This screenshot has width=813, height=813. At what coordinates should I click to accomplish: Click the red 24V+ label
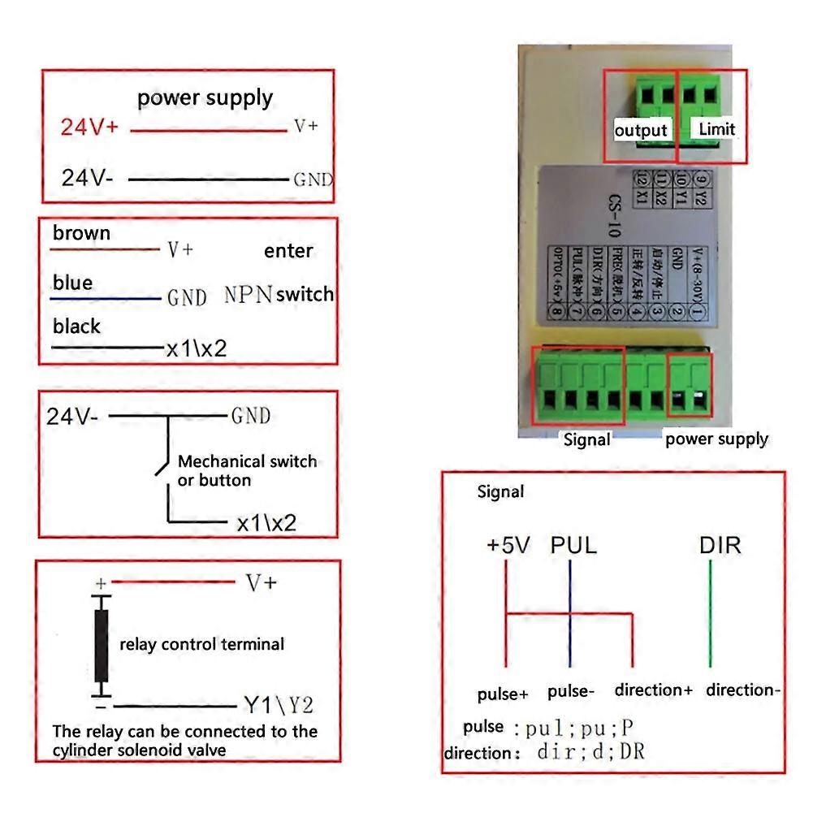click(x=90, y=128)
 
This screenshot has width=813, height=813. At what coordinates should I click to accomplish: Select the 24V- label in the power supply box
click(x=89, y=178)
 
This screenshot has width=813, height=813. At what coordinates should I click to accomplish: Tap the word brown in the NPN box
click(x=81, y=234)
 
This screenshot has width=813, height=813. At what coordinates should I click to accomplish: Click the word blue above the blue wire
click(x=72, y=283)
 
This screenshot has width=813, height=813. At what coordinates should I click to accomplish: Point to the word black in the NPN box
click(x=76, y=326)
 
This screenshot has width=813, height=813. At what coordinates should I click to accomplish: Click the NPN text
click(x=248, y=295)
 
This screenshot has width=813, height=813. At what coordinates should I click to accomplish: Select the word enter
click(x=288, y=251)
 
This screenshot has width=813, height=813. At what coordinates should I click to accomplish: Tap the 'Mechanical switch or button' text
click(x=246, y=471)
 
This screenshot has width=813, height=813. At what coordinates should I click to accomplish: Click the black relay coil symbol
click(x=102, y=647)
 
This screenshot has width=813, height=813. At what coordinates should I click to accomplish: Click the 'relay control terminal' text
click(x=201, y=645)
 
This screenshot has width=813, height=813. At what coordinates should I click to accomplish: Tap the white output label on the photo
click(x=641, y=130)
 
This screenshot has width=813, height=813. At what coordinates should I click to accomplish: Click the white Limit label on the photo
click(x=716, y=128)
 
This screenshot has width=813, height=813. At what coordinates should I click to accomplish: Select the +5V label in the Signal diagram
click(x=508, y=544)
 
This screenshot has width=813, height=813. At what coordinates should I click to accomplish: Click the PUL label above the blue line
click(x=573, y=544)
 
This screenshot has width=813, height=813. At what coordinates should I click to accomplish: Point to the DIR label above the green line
click(x=720, y=544)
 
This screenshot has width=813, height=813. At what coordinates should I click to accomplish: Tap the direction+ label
click(x=653, y=690)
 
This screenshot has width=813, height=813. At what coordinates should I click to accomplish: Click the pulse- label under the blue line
click(x=571, y=692)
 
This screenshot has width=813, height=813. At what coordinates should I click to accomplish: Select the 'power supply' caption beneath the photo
click(x=716, y=439)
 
